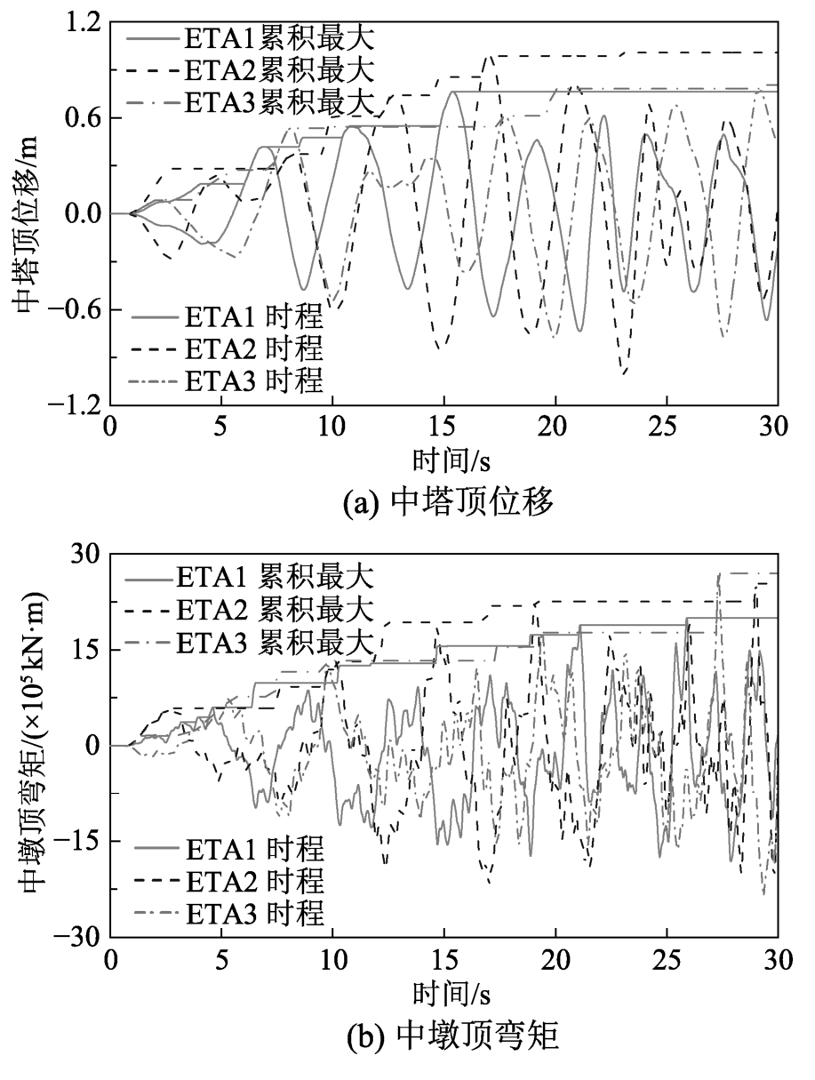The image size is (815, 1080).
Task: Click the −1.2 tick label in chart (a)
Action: [x=75, y=405]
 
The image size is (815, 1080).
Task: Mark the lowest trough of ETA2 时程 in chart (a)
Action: [x=624, y=373]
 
